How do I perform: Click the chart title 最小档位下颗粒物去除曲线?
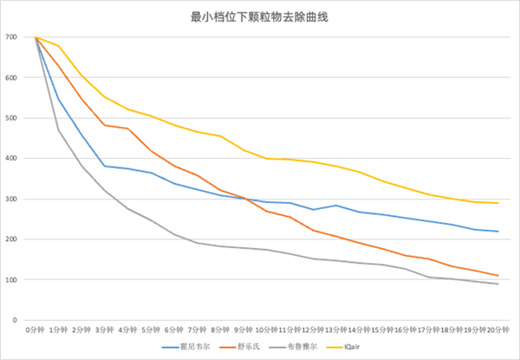pos(259,16)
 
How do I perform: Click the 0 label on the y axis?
pos(15,320)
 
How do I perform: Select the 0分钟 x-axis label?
pos(35,330)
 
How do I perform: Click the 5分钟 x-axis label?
pos(151,330)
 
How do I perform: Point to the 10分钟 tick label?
pos(265,330)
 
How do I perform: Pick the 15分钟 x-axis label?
pos(381,330)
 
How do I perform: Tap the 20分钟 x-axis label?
pos(497,330)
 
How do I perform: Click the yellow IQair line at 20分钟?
pos(497,203)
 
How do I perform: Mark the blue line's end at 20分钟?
pos(497,232)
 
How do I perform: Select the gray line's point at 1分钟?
pos(58,130)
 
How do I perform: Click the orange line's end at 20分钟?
pos(497,276)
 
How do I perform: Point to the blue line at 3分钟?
pos(104,166)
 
